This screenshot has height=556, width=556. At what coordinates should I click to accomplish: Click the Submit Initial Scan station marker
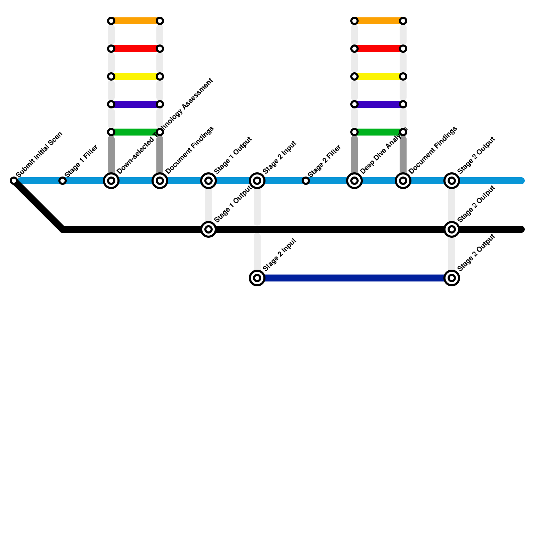tap(14, 181)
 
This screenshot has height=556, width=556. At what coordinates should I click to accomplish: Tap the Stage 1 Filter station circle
tap(63, 181)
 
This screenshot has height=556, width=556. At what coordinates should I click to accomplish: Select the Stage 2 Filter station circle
tap(306, 181)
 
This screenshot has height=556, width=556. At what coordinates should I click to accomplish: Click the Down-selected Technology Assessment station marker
tap(111, 181)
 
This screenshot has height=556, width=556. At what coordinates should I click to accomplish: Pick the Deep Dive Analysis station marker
tap(354, 181)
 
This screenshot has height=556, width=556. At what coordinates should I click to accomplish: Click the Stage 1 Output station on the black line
tap(208, 229)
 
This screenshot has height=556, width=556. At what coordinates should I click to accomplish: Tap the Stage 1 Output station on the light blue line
tap(208, 181)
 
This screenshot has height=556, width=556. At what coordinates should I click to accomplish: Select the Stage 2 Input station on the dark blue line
tap(257, 278)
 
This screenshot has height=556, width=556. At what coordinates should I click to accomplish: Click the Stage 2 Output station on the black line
tap(452, 229)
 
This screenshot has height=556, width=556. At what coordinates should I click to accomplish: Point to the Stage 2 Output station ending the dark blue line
tap(452, 278)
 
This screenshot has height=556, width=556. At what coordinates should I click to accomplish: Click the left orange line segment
tap(136, 21)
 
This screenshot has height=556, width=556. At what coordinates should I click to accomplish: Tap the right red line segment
tap(379, 49)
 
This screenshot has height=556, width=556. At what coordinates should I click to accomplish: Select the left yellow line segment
tap(136, 76)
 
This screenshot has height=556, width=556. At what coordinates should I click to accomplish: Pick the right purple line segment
tap(379, 104)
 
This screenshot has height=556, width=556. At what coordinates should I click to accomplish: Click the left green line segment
tap(136, 132)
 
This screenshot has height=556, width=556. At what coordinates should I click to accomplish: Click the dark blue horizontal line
tap(354, 278)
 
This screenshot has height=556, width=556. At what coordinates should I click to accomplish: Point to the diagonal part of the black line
tap(38, 205)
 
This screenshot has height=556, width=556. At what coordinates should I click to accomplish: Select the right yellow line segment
tap(379, 76)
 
